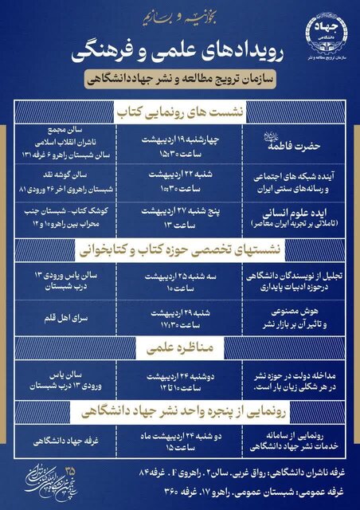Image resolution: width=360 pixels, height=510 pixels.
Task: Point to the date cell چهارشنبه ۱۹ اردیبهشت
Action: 179,137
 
